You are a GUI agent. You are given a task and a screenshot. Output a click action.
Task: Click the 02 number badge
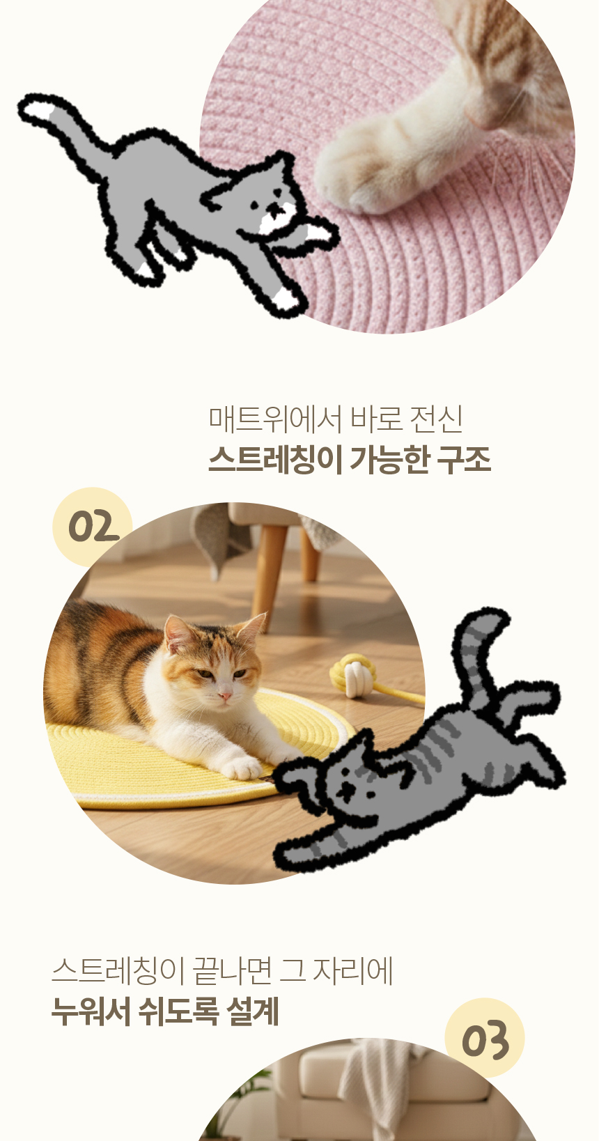[93, 527]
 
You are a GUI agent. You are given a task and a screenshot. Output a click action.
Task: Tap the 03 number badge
[485, 1038]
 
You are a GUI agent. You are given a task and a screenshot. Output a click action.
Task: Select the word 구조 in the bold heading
[465, 460]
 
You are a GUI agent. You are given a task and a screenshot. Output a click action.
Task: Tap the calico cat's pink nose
[225, 696]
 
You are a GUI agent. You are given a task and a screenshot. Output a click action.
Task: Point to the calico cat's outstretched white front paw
[242, 768]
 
